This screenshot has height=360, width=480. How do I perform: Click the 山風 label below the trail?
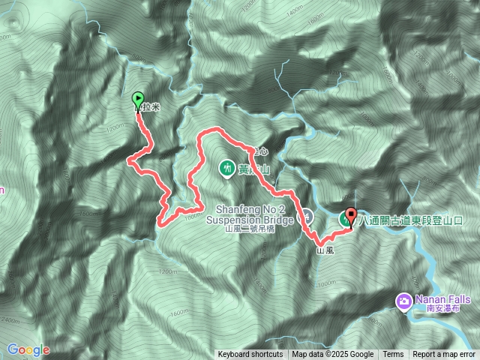(x=325, y=250)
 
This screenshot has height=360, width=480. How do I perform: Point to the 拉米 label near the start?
(x=150, y=107)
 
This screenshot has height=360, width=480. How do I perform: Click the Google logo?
(x=28, y=349)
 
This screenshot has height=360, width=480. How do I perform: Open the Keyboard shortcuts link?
(x=250, y=355)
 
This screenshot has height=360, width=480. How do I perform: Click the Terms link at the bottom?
(x=393, y=355)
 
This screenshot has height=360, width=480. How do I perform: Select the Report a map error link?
(x=444, y=355)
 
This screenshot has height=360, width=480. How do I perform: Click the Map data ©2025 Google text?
(x=333, y=355)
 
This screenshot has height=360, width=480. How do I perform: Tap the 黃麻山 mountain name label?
(x=253, y=169)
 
